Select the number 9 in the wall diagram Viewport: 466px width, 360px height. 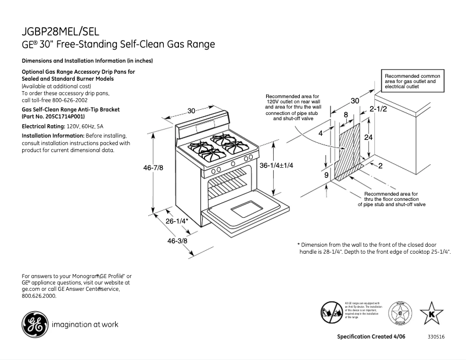327,175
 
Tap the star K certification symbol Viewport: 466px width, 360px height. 431,314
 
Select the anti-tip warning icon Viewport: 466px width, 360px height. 332,312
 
